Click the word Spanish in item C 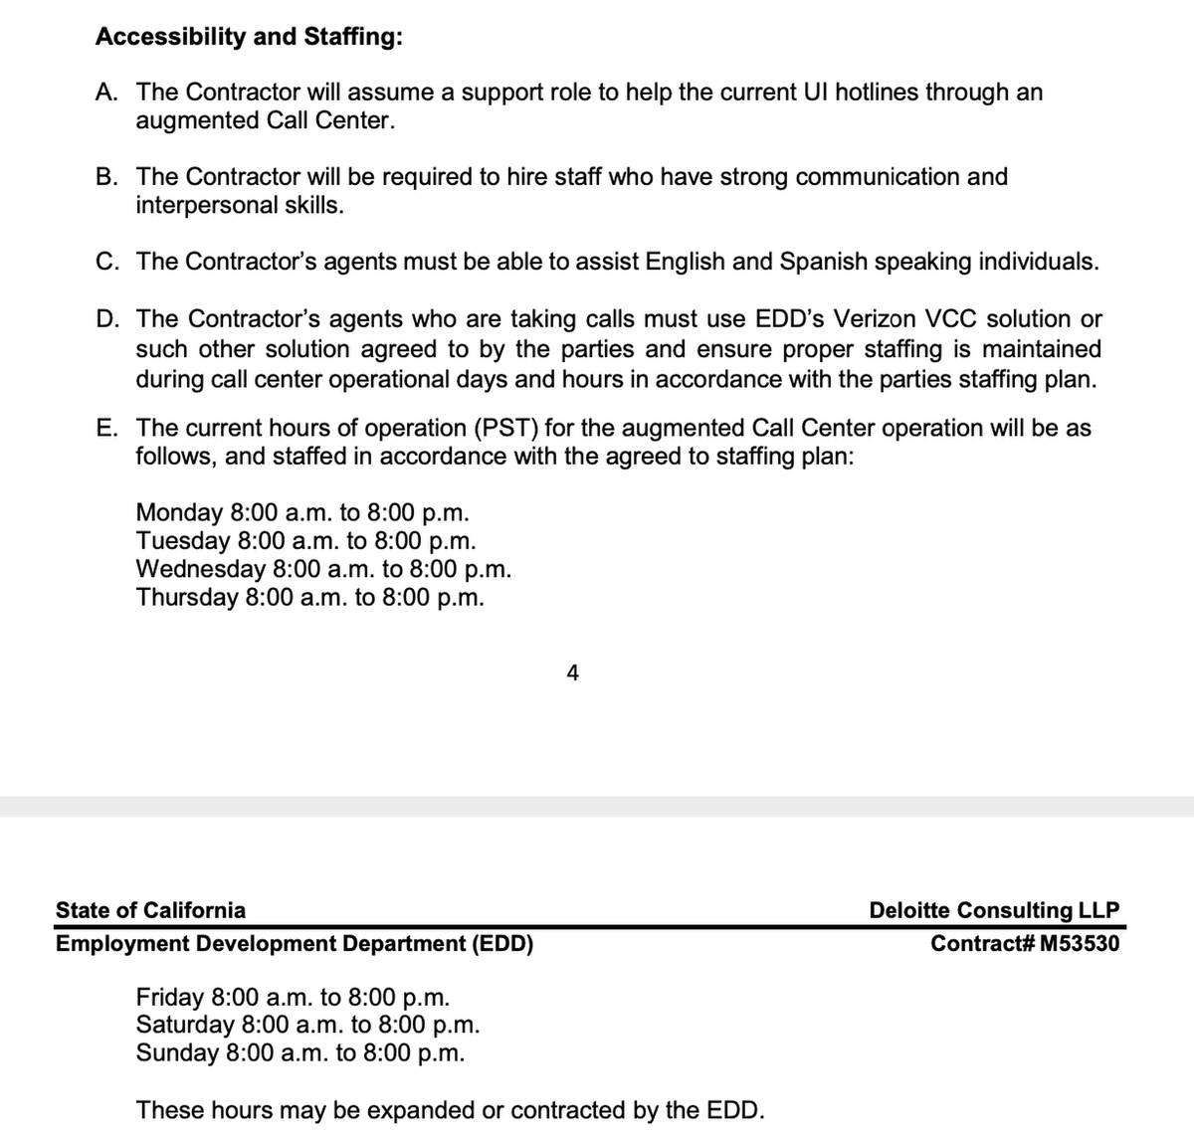pyautogui.click(x=824, y=262)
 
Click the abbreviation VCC pyautogui.click(x=949, y=319)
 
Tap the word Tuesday pyautogui.click(x=183, y=541)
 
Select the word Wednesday pyautogui.click(x=200, y=569)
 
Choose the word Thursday pyautogui.click(x=186, y=598)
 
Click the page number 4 pyautogui.click(x=572, y=673)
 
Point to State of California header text pyautogui.click(x=150, y=910)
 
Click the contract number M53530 pyautogui.click(x=1079, y=943)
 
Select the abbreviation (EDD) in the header pyautogui.click(x=502, y=943)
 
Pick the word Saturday pyautogui.click(x=185, y=1025)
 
